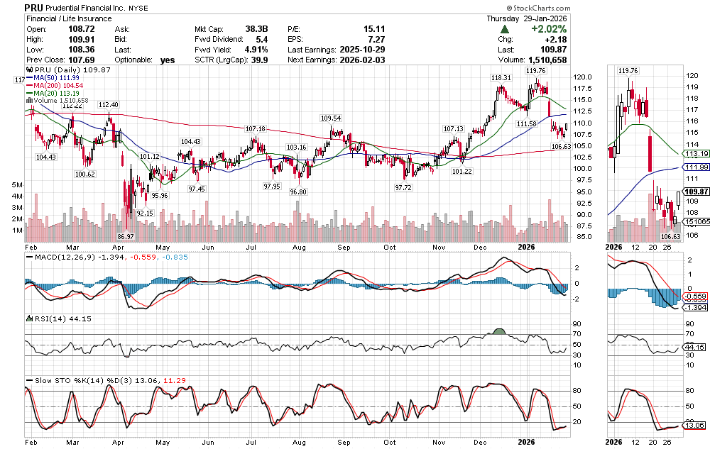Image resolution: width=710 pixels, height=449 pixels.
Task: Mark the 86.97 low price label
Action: tap(126, 236)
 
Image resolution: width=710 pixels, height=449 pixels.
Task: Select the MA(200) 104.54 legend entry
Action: tap(58, 86)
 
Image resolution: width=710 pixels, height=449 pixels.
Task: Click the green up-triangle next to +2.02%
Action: tap(505, 29)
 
